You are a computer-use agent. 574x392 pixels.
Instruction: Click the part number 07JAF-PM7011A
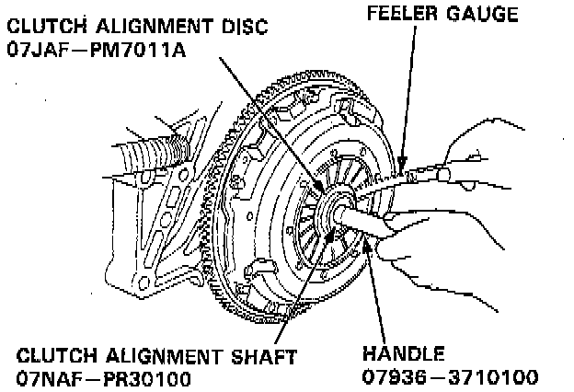tap(96, 47)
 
